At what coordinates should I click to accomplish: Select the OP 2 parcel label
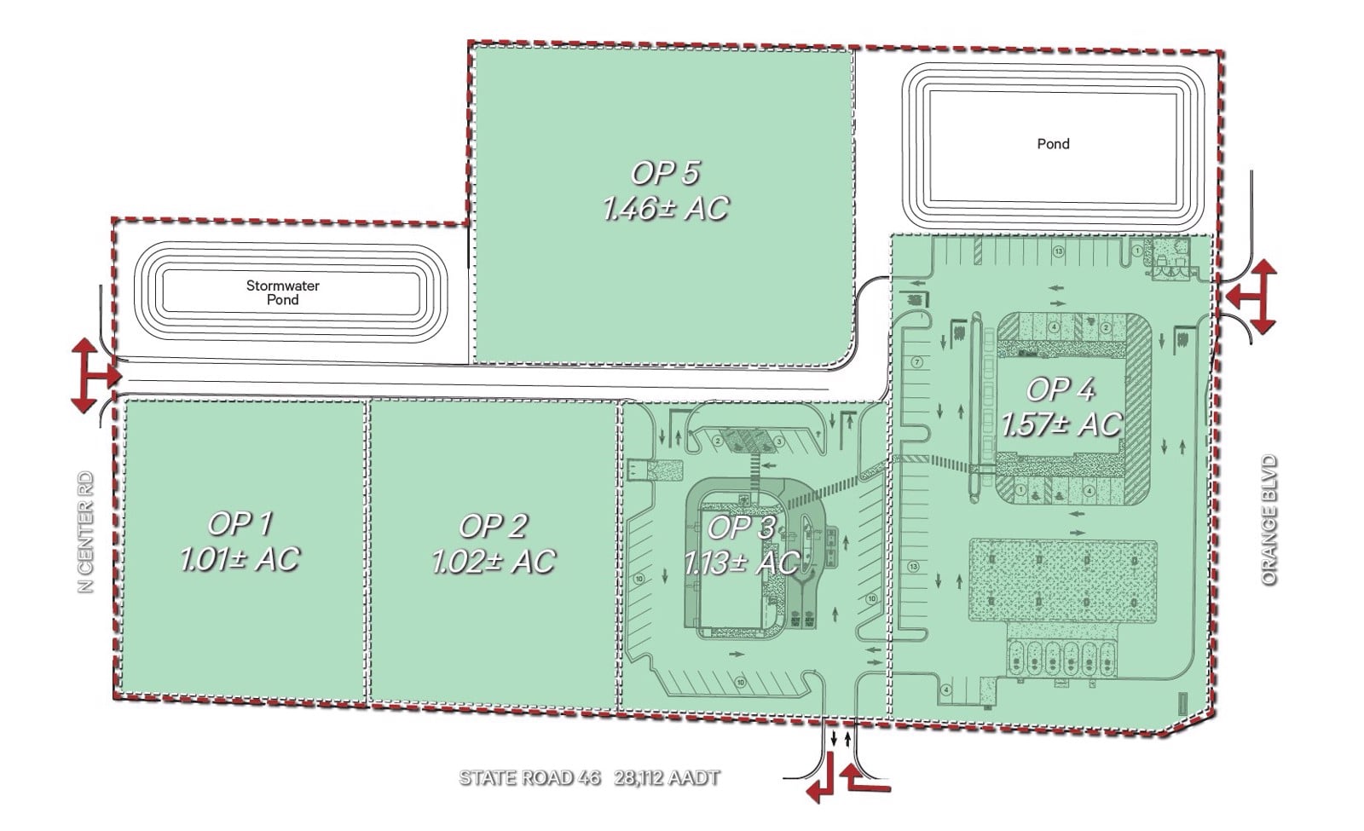(x=493, y=526)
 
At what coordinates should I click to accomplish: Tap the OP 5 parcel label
(x=665, y=173)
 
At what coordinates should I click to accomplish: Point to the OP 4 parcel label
(x=1060, y=390)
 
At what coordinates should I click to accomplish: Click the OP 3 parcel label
(x=741, y=528)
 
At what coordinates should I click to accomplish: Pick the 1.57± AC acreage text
(x=1061, y=424)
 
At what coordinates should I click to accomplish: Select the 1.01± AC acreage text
(x=240, y=559)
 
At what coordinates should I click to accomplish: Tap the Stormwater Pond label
(x=283, y=292)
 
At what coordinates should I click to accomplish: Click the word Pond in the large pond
(x=1053, y=144)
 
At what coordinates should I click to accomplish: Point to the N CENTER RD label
(x=86, y=533)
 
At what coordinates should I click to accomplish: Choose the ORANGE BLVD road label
(x=1270, y=520)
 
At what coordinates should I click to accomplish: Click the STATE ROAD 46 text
(x=529, y=777)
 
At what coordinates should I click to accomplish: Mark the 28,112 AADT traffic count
(x=667, y=777)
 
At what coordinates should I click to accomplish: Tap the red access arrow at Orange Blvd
(x=1253, y=296)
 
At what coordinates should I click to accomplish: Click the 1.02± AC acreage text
(x=493, y=562)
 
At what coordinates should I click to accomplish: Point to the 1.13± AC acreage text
(x=741, y=563)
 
